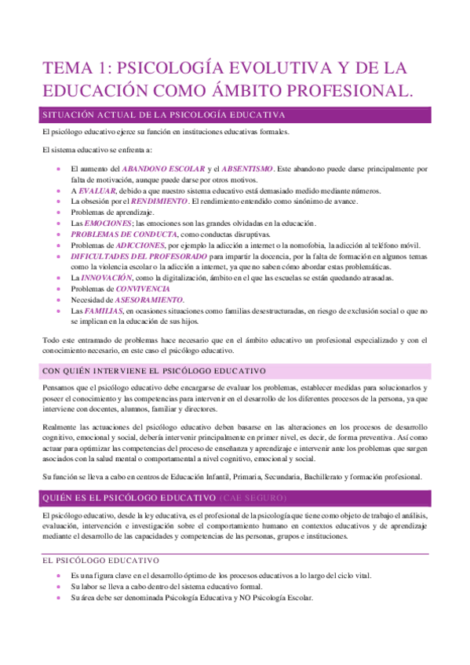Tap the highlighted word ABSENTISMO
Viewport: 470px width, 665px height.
pyautogui.click(x=247, y=169)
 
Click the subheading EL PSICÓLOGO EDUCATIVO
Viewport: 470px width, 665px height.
pyautogui.click(x=100, y=561)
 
